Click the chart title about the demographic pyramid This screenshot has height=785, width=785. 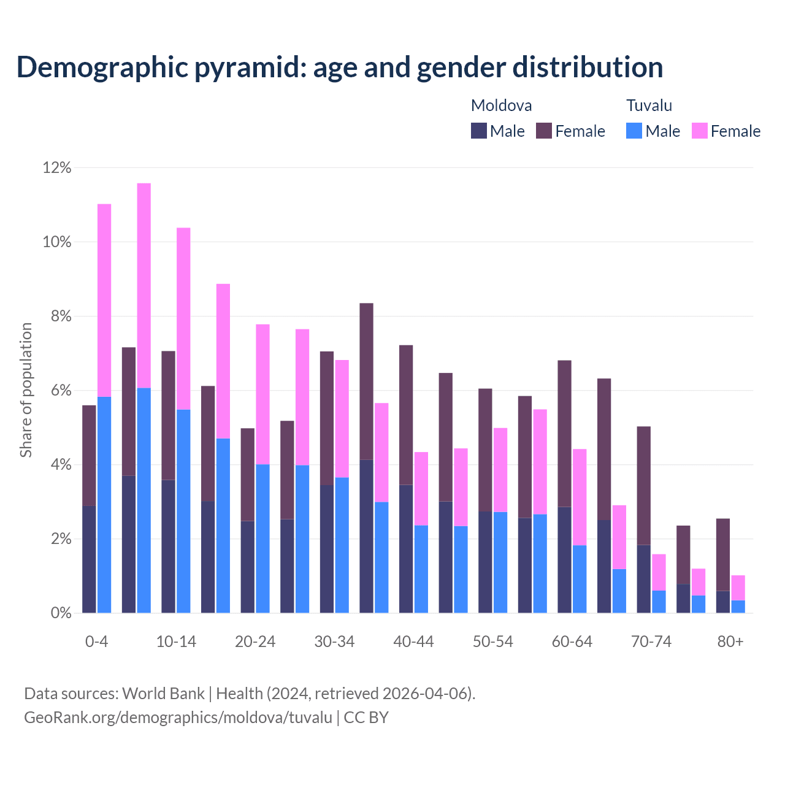click(340, 67)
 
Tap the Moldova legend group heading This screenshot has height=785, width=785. click(501, 105)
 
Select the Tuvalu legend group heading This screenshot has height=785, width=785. click(649, 105)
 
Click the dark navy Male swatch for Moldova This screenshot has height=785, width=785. click(478, 131)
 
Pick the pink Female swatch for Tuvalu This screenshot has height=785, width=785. click(699, 131)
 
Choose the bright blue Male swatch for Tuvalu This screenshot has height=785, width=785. click(634, 131)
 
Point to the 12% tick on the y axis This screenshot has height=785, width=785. click(57, 168)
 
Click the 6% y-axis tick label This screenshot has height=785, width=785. click(57, 391)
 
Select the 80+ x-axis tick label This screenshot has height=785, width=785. click(730, 642)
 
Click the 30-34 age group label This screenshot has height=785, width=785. click(334, 642)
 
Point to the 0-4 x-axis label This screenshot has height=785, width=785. click(97, 642)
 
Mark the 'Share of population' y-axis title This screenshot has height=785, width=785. click(26, 390)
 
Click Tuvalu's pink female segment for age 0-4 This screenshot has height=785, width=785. click(104, 301)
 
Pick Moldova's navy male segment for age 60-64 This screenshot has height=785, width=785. click(564, 560)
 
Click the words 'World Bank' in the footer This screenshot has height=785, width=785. click(163, 694)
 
